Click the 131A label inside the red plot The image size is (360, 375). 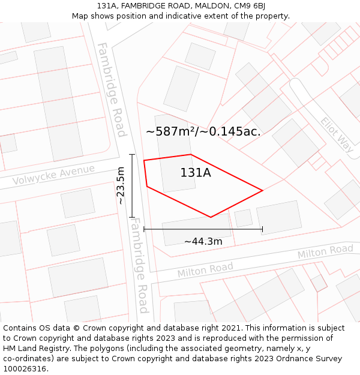(x=196, y=173)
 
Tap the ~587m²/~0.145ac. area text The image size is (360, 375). (x=203, y=131)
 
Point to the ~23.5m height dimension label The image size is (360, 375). (x=121, y=185)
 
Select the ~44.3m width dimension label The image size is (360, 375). (x=203, y=241)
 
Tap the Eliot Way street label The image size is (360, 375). (x=337, y=134)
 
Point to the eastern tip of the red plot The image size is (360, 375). (x=262, y=191)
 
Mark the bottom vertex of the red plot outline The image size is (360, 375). (x=211, y=217)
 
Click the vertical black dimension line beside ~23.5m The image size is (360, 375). (x=132, y=186)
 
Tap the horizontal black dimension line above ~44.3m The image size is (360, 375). (x=203, y=229)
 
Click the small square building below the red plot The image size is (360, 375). (x=243, y=218)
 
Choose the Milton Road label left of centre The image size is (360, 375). (x=205, y=270)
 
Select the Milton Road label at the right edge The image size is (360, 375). (x=325, y=253)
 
